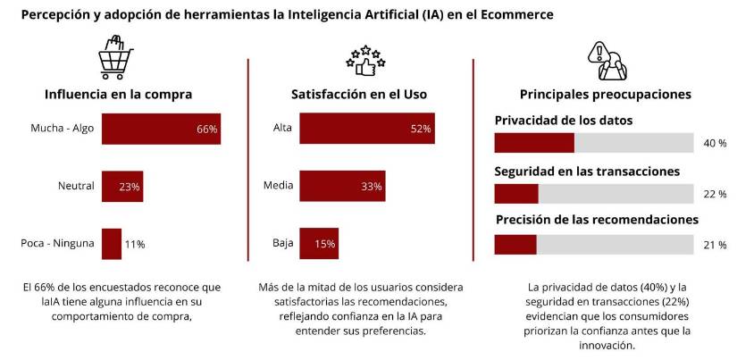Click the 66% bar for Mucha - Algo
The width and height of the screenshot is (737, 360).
coord(161,129)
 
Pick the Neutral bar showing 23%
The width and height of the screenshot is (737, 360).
coord(122,187)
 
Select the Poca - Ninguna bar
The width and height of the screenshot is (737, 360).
coord(112,244)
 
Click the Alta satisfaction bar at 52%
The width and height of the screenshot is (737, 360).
coord(366,129)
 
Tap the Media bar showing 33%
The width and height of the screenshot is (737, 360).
coord(342,187)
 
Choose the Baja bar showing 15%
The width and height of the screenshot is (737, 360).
coord(318,244)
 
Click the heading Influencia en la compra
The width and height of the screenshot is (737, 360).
coord(119,94)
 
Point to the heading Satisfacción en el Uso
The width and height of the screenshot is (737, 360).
coord(359,94)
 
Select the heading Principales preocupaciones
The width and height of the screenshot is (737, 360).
coord(592,94)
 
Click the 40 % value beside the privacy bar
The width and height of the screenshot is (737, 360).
coord(715,144)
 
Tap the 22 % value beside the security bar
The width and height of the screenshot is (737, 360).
coord(715,194)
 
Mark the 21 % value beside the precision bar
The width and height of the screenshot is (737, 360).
coord(715,245)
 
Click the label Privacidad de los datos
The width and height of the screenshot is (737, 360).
coord(564,120)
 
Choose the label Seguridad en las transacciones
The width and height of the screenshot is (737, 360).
coord(587,171)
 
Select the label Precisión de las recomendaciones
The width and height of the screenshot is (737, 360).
coord(596,220)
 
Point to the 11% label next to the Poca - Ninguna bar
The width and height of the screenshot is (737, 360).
coord(135,244)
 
